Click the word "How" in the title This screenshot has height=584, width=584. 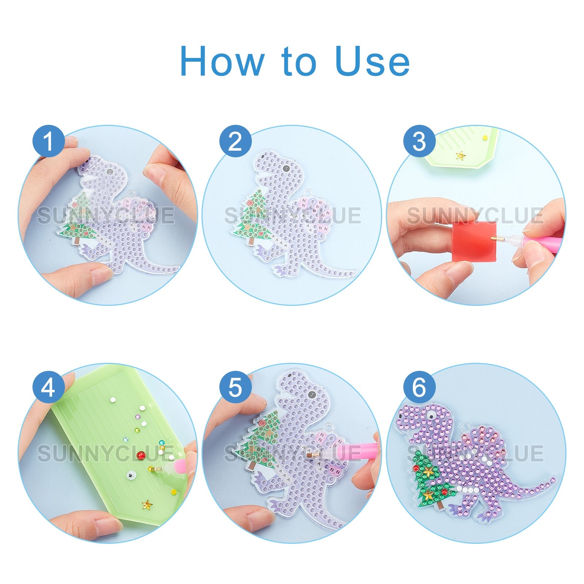[x=222, y=61]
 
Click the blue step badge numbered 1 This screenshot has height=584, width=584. [x=49, y=141]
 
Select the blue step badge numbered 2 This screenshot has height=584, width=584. [x=235, y=141]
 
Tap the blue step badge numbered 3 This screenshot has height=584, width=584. [x=419, y=141]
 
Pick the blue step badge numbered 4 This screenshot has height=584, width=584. [x=49, y=388]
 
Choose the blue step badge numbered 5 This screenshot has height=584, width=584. [x=235, y=388]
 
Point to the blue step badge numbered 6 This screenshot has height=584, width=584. [x=419, y=388]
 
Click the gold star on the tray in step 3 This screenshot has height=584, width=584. [x=461, y=155]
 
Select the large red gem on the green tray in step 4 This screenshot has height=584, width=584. [x=141, y=455]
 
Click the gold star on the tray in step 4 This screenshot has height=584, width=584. [x=147, y=505]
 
